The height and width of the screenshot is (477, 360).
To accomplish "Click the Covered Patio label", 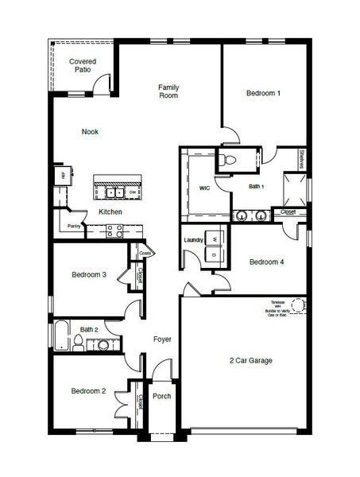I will pyautogui.click(x=83, y=65).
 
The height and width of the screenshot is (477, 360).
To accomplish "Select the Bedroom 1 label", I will pyautogui.click(x=263, y=94).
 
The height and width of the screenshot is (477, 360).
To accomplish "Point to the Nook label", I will pyautogui.click(x=90, y=132).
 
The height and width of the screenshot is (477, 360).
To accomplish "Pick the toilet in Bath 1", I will pyautogui.click(x=227, y=160).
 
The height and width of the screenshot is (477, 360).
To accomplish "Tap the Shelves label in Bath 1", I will pyautogui.click(x=303, y=160).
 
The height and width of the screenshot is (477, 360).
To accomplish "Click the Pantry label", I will pyautogui.click(x=73, y=227).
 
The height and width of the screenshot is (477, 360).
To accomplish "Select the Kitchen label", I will pyautogui.click(x=110, y=212).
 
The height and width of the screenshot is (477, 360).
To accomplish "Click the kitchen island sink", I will pyautogui.click(x=113, y=192).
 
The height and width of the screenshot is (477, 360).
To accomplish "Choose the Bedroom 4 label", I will pyautogui.click(x=266, y=262).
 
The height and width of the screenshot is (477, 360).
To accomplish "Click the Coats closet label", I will pyautogui.click(x=145, y=254).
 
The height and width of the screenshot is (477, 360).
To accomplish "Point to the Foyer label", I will pyautogui.click(x=162, y=339).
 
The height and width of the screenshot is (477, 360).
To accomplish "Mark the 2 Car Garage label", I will pyautogui.click(x=251, y=361).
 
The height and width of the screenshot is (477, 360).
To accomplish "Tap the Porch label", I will pyautogui.click(x=162, y=396).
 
